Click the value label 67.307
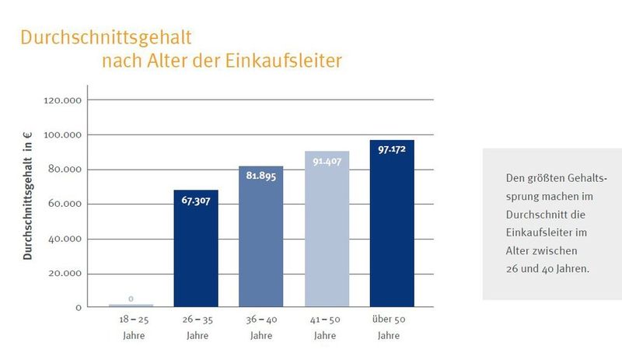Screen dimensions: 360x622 point(196,201)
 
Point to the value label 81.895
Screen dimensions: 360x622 point(261,176)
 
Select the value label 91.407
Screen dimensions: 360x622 point(327,161)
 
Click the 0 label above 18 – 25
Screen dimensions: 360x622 point(131,299)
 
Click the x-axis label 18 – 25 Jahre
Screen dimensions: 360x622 point(131,327)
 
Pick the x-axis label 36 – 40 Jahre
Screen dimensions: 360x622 point(261,327)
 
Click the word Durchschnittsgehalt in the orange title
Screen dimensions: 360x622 point(106,37)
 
